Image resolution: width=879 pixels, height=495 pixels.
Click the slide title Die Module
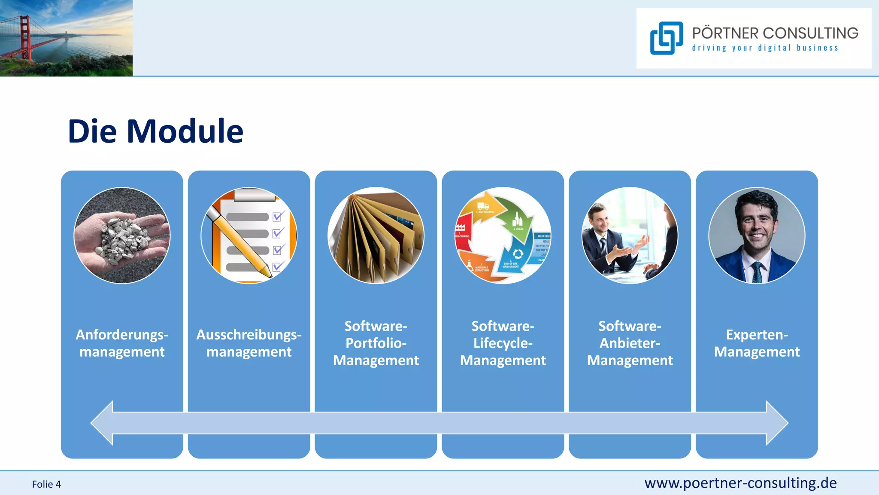point(155,131)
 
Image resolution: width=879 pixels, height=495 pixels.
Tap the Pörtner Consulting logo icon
point(666,38)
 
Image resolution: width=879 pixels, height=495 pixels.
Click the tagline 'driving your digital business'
point(765,48)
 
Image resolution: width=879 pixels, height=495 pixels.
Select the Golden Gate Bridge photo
point(66,38)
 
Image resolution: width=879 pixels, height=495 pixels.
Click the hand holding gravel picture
point(122,235)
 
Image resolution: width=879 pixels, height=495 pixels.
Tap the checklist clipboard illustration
point(249,235)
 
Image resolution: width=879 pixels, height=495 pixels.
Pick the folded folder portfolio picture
point(376,235)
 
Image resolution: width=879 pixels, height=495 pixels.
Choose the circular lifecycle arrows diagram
point(503,235)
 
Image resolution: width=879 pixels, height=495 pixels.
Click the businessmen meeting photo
point(630,235)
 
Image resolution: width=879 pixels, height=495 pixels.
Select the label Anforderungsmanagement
point(122,343)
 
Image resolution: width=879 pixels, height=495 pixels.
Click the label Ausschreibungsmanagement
point(249,343)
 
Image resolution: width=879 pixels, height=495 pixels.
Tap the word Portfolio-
point(376,343)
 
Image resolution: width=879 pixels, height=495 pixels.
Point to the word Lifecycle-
point(503,343)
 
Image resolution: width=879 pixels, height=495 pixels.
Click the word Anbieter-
point(630,343)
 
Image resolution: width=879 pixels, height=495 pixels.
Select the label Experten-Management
point(757,343)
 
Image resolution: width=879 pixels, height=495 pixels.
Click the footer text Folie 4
point(46,484)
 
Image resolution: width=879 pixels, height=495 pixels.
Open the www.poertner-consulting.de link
point(740,483)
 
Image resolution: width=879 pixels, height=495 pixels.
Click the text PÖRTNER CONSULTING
point(775,33)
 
